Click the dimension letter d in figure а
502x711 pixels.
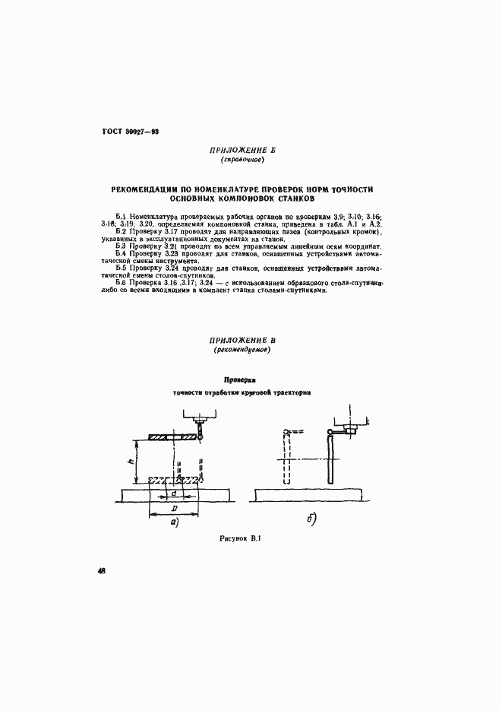(174, 491)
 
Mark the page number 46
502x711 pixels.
(101, 572)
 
